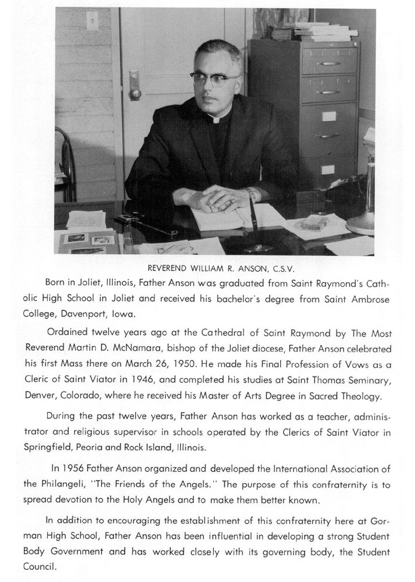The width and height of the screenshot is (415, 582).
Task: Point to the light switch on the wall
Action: pyautogui.click(x=91, y=22)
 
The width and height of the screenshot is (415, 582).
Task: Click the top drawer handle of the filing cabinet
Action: pyautogui.click(x=330, y=63)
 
